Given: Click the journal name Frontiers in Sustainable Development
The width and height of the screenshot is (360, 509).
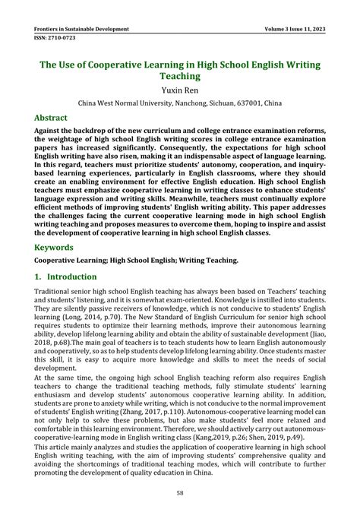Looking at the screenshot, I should pyautogui.click(x=81, y=30).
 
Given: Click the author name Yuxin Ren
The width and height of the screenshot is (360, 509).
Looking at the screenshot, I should pyautogui.click(x=180, y=88).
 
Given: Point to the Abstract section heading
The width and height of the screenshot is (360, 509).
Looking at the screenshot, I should pyautogui.click(x=51, y=119).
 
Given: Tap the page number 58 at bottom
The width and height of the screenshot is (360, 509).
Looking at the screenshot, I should pyautogui.click(x=180, y=492).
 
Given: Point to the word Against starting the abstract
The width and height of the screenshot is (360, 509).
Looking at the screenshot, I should pyautogui.click(x=51, y=131).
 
